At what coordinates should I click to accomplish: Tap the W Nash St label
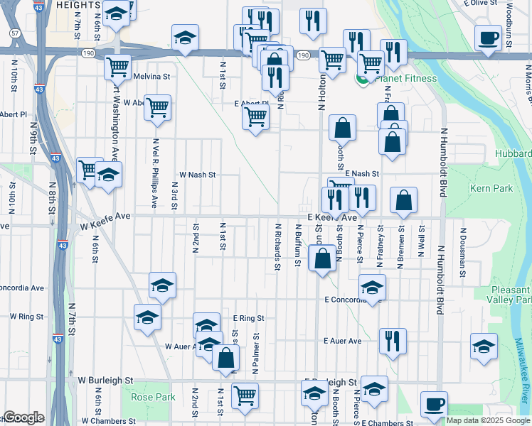(x=197, y=174)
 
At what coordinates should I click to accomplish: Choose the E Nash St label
(x=362, y=173)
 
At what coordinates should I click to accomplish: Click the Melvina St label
(x=152, y=76)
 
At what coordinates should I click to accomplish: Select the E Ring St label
(x=248, y=319)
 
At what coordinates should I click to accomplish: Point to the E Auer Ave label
(x=342, y=341)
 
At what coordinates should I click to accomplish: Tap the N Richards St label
(x=277, y=246)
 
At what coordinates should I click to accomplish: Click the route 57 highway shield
(x=15, y=33)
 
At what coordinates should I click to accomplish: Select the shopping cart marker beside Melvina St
(x=117, y=67)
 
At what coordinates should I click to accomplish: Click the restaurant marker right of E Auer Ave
(x=393, y=341)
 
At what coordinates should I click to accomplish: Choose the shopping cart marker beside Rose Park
(x=245, y=395)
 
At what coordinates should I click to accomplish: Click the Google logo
(x=23, y=417)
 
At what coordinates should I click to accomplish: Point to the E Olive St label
(x=477, y=3)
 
